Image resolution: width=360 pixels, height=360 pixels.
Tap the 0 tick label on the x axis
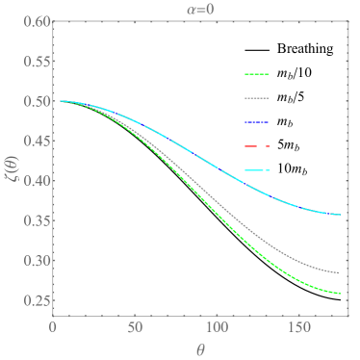click(53, 326)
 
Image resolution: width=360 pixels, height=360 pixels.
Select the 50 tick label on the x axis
click(135, 326)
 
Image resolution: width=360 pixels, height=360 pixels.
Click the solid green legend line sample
click(258, 74)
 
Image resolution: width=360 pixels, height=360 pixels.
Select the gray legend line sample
click(258, 98)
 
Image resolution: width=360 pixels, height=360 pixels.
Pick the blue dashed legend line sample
click(258, 122)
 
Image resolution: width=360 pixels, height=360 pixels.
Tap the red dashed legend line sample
click(258, 146)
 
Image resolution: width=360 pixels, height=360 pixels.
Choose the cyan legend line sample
click(258, 170)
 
